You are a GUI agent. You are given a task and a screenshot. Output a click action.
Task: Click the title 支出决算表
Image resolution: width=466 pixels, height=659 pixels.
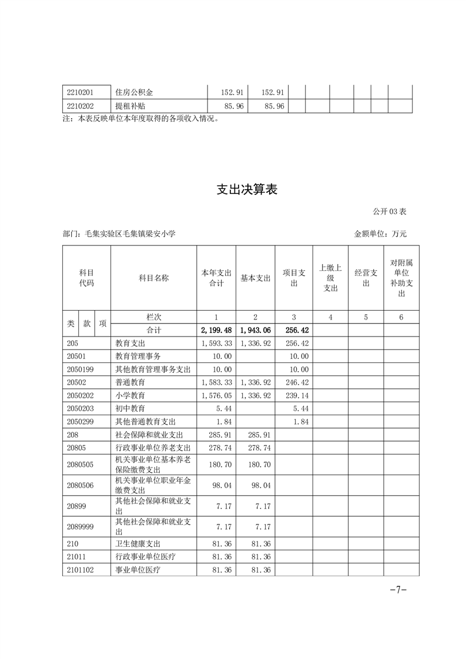tap(247, 190)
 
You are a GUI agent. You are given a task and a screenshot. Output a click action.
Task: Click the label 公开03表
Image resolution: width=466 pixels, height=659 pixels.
tap(389, 211)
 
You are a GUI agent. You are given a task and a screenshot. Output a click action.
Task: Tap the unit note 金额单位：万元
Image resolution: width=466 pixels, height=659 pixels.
tap(380, 234)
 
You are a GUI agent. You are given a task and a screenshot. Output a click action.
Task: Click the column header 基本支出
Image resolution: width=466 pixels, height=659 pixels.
tap(256, 278)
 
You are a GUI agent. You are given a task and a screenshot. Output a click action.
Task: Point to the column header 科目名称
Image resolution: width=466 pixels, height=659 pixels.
tap(153, 278)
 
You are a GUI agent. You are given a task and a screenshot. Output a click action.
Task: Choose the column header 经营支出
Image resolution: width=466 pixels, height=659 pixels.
tap(366, 278)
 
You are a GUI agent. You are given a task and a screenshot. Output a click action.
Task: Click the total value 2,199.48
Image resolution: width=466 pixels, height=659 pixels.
tap(217, 331)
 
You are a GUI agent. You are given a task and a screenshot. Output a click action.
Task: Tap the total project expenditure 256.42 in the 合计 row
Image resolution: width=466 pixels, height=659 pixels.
tap(295, 331)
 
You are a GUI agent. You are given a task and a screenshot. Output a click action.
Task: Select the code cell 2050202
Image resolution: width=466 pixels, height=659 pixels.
tap(81, 395)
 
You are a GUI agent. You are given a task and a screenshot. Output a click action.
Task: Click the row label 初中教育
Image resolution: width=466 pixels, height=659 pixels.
tap(130, 408)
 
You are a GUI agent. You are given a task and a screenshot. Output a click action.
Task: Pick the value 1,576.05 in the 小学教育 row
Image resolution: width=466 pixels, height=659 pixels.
tap(217, 395)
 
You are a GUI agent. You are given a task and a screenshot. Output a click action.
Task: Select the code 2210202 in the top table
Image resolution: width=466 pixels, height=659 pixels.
tap(81, 106)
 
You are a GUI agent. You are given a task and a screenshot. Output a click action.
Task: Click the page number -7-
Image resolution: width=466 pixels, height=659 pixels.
tap(398, 590)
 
